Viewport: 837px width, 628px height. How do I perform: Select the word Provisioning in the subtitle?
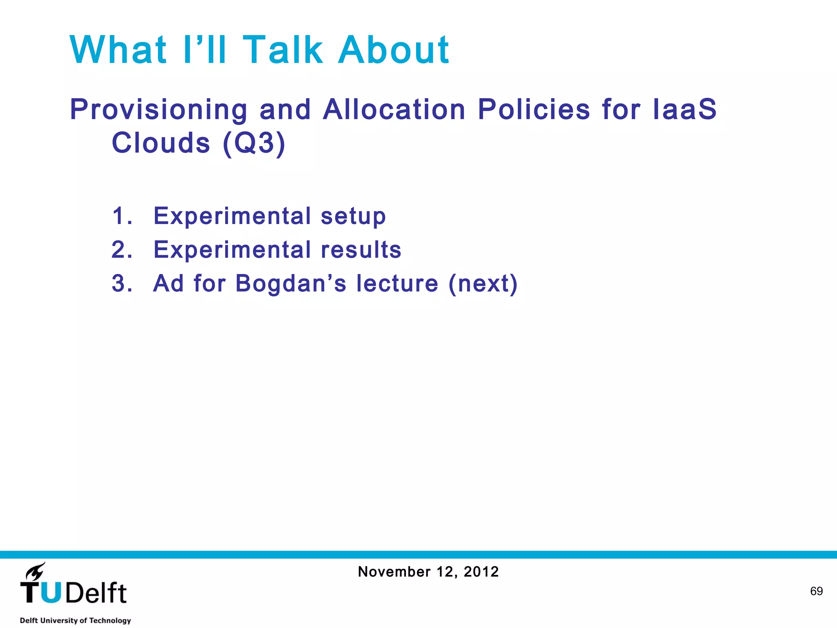click(x=159, y=110)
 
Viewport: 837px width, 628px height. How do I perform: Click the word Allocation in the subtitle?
click(x=394, y=110)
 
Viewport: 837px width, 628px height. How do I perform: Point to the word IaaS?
click(x=685, y=110)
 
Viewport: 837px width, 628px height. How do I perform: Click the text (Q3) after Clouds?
click(x=254, y=143)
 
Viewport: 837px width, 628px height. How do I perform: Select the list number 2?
click(x=122, y=249)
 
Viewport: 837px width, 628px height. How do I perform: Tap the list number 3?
click(x=122, y=283)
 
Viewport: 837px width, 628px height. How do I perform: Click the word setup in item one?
click(x=353, y=216)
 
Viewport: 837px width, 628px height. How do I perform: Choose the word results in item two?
click(x=361, y=249)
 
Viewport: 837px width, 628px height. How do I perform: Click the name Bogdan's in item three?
click(x=291, y=283)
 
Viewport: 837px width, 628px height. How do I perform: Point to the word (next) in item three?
click(x=483, y=283)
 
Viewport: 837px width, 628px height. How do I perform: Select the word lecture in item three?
click(x=397, y=283)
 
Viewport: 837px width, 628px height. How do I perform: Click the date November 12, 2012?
click(x=428, y=572)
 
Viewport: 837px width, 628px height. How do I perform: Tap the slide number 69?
click(x=816, y=591)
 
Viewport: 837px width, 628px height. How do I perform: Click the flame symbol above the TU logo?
click(x=36, y=571)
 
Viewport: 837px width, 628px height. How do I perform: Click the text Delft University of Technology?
click(x=75, y=620)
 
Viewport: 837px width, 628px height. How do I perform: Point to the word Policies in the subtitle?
click(x=534, y=110)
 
